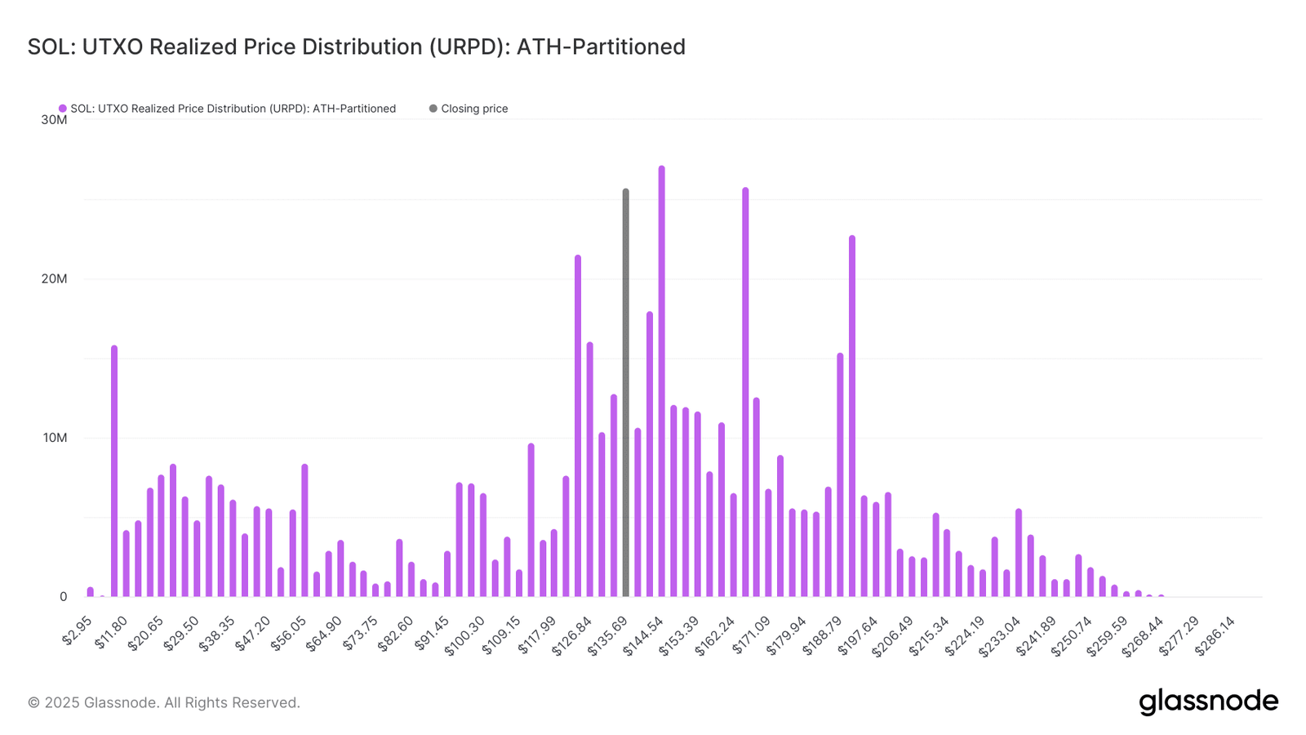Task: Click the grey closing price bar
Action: point(626,392)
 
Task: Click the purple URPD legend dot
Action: point(63,109)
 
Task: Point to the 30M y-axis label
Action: point(54,120)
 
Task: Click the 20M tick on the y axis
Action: point(54,279)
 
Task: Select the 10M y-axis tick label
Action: point(54,438)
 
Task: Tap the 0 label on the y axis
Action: point(63,597)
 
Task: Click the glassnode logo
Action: point(1208,702)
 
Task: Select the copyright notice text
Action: point(163,702)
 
